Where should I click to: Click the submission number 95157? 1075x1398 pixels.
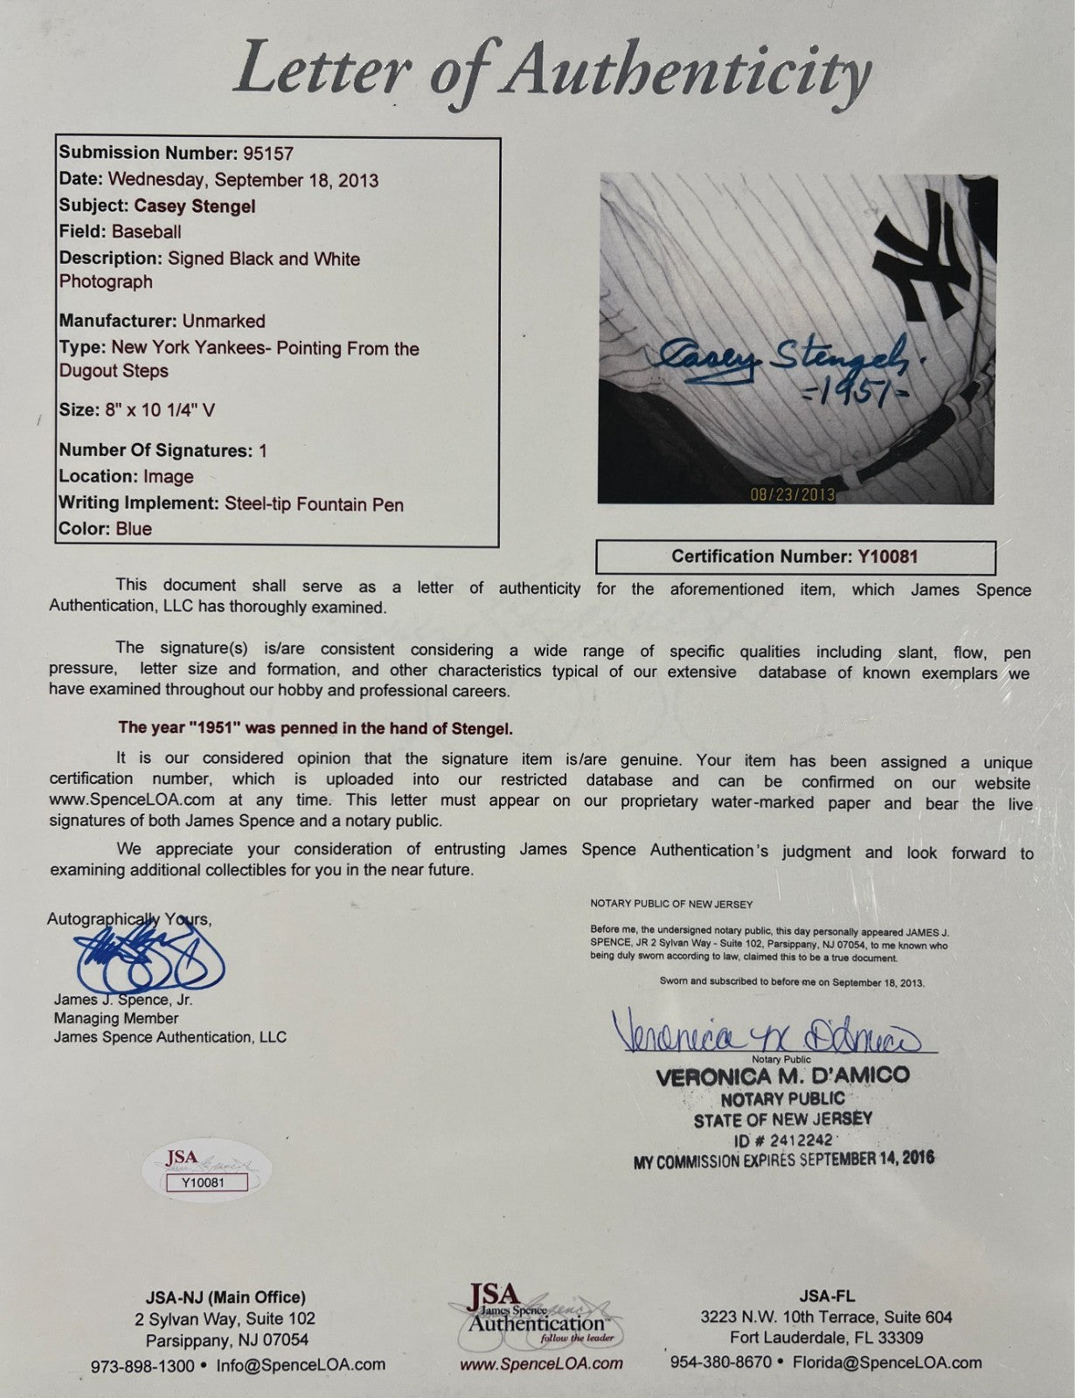(266, 153)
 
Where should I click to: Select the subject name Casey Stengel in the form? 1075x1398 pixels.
(195, 206)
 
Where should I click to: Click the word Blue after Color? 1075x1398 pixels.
(134, 529)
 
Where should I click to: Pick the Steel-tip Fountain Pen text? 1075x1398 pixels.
(314, 504)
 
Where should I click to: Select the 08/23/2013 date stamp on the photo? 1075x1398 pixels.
(793, 495)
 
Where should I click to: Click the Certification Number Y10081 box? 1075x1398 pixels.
(794, 557)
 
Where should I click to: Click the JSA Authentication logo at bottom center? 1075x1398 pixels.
(534, 1314)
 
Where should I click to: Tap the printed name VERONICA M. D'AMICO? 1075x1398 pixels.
(782, 1076)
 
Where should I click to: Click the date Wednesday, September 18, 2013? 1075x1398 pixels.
(243, 180)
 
